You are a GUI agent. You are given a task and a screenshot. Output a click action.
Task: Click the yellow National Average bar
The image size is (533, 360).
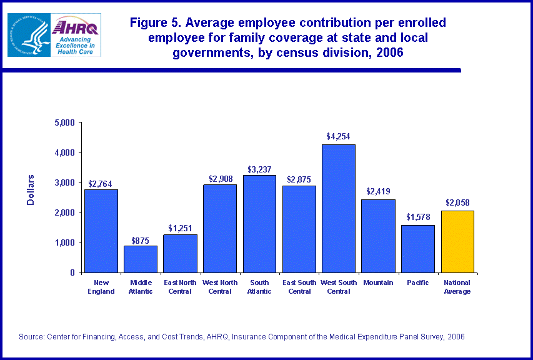click(x=457, y=241)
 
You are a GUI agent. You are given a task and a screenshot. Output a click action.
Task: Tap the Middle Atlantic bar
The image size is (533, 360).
click(x=141, y=259)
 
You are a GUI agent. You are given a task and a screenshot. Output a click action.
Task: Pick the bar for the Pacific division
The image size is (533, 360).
click(x=417, y=249)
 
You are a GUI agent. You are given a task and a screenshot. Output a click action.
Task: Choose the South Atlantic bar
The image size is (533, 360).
click(x=259, y=224)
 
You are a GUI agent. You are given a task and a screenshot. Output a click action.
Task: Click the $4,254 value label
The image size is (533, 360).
click(x=338, y=136)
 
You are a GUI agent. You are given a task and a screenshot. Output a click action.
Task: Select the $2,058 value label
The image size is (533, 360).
click(x=457, y=202)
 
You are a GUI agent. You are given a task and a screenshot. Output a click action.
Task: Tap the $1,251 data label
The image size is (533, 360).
click(x=180, y=226)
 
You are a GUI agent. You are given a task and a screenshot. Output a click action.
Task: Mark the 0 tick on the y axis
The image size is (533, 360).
click(x=71, y=272)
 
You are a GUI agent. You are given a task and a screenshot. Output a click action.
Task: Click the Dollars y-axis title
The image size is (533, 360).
click(x=31, y=190)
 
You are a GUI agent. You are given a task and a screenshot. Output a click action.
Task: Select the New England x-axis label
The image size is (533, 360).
click(x=101, y=287)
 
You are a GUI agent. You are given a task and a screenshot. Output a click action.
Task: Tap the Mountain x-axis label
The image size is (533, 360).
click(x=378, y=282)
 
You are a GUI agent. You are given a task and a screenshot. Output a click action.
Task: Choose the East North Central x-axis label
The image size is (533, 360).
click(x=180, y=287)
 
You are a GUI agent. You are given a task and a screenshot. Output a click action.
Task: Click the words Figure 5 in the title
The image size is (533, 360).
click(x=156, y=23)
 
